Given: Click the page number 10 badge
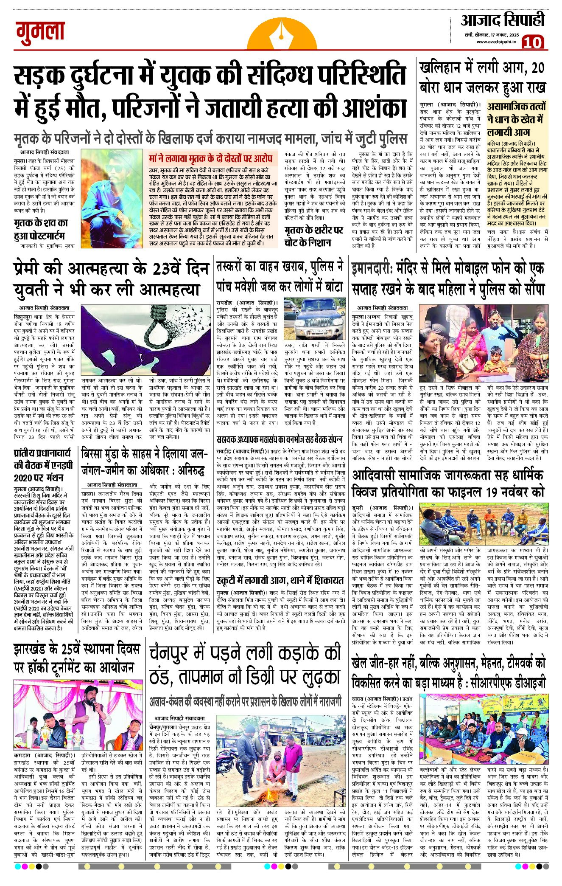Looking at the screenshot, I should click(533, 42).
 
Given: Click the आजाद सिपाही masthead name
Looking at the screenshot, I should click(502, 20).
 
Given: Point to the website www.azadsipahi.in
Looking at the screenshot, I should click(496, 42).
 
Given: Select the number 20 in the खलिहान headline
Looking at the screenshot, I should click(537, 68).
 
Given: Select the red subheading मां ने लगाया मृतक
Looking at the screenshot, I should click(210, 159).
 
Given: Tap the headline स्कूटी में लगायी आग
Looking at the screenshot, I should click(280, 580).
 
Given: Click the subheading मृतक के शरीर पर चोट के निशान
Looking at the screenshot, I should click(313, 236).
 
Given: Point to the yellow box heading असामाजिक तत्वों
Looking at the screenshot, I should click(516, 107).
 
